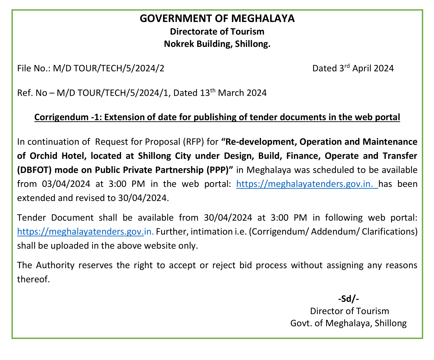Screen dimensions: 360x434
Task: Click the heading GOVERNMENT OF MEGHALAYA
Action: click(217, 18)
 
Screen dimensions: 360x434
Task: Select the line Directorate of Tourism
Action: click(217, 31)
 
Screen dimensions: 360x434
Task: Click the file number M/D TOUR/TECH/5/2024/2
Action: click(109, 68)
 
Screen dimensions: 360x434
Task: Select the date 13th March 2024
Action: click(233, 93)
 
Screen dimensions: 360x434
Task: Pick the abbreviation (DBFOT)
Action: click(35, 170)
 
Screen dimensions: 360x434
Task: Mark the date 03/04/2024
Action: click(66, 184)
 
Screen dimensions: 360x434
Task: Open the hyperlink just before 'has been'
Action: click(307, 184)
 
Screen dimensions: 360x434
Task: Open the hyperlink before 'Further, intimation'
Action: click(85, 231)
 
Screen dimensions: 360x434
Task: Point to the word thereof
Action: click(33, 279)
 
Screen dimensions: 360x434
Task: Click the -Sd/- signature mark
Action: click(348, 299)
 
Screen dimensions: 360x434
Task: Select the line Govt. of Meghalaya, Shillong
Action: click(348, 323)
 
